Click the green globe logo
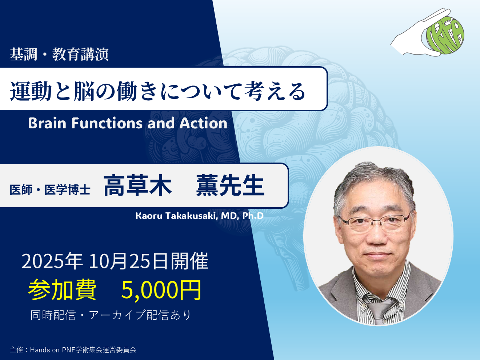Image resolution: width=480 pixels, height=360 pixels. point(445,35)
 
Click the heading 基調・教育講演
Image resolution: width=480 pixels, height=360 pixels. point(59,54)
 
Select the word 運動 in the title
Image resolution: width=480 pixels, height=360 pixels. point(31,91)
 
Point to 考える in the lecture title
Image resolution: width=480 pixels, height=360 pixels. point(275,91)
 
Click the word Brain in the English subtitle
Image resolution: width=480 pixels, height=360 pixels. point(47,123)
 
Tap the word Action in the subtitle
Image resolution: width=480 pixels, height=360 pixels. point(203,123)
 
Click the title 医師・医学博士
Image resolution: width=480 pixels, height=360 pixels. point(50,189)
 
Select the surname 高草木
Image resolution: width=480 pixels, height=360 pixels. point(137,185)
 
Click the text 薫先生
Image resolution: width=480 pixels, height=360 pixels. point(230,185)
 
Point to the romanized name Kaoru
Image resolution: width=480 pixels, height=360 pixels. point(149,216)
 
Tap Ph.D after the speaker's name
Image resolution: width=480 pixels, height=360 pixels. point(253,216)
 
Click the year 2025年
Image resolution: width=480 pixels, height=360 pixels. point(52,261)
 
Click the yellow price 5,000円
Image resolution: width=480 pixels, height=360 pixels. point(161,290)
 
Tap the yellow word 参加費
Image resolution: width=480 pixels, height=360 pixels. point(62,290)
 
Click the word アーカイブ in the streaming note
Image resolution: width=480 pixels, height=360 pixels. point(117,315)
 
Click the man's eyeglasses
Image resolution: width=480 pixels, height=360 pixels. point(375,221)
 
